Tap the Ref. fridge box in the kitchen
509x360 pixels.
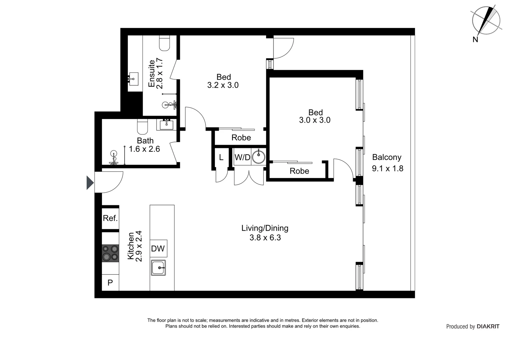tap(110, 218)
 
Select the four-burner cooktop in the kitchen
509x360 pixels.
tap(110, 253)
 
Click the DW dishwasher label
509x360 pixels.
tap(158, 248)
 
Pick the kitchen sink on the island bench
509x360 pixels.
tap(158, 268)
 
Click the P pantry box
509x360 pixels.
tap(110, 283)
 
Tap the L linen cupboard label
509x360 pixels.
tap(221, 157)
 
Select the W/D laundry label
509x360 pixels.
tap(242, 157)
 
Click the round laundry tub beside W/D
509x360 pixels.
tap(258, 157)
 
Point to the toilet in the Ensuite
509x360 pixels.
tap(165, 43)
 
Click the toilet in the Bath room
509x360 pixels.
tap(142, 127)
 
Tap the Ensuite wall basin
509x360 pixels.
tap(134, 79)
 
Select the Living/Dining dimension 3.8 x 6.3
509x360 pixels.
tap(265, 238)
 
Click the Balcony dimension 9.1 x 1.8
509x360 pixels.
tap(387, 169)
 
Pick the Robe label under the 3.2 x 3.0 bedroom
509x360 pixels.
tap(241, 138)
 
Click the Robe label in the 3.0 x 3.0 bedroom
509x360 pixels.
tap(299, 171)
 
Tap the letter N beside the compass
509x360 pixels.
tap(475, 40)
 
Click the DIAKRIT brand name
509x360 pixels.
tap(488, 327)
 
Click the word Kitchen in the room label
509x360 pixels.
tap(131, 246)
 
